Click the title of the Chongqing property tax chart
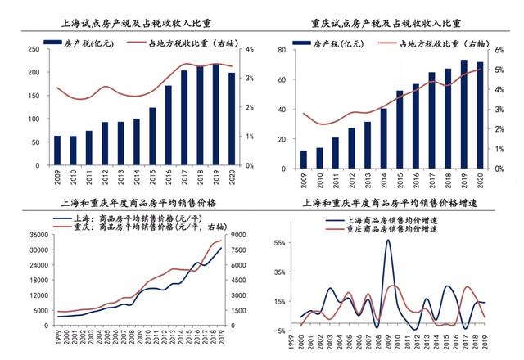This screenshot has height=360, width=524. [391, 25]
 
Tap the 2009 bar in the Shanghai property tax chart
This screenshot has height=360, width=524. [56, 151]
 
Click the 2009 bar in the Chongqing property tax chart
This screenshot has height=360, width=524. [304, 159]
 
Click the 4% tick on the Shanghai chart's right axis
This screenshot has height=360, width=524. [249, 50]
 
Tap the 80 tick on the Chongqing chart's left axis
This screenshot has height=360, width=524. [282, 50]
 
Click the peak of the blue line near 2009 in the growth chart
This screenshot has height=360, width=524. [387, 240]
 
